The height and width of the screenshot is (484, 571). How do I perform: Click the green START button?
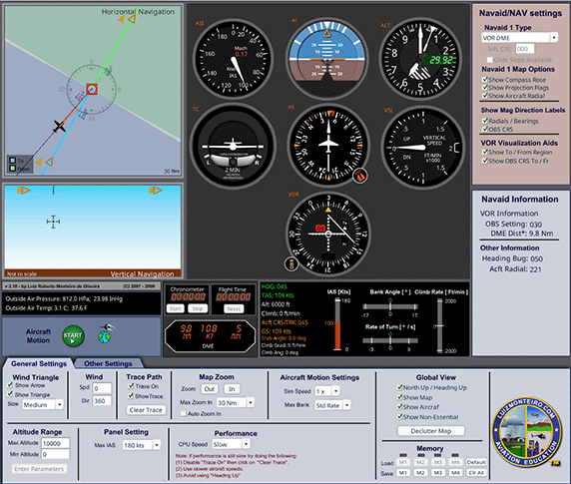tap(71, 336)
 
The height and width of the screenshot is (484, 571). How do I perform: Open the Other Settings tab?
tap(108, 363)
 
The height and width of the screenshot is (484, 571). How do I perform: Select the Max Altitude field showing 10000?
tap(56, 442)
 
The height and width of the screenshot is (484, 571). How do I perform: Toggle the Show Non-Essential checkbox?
tap(400, 416)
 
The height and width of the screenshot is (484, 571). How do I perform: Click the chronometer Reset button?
tap(234, 307)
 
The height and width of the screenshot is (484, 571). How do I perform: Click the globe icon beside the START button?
tap(105, 336)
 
